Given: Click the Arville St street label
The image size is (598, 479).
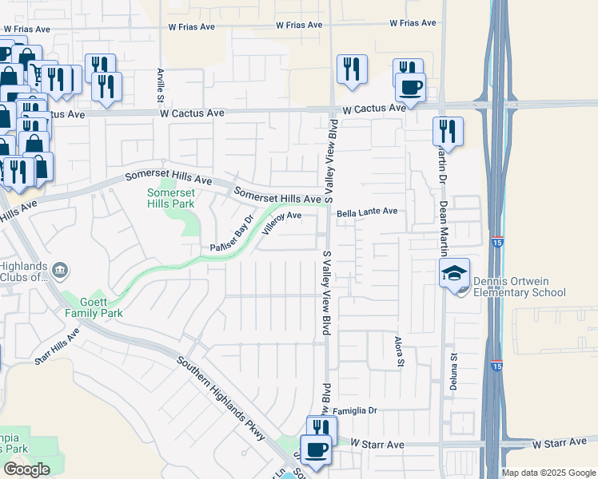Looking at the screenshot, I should pos(160,84).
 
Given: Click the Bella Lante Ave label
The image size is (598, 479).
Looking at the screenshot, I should pos(367,212).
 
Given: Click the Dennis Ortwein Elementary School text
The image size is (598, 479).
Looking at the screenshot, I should pos(519,287).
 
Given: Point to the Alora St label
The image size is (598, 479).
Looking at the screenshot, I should pos(398,351).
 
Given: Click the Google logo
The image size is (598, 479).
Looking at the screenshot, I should pos(26,469).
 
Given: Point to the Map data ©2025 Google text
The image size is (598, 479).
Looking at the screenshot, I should pos(548,473).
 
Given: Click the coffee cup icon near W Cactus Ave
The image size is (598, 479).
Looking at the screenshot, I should pos(410,87).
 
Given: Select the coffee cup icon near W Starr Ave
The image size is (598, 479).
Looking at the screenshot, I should pos(315,449).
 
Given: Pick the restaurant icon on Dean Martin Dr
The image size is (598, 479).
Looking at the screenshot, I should pos(448,130).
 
